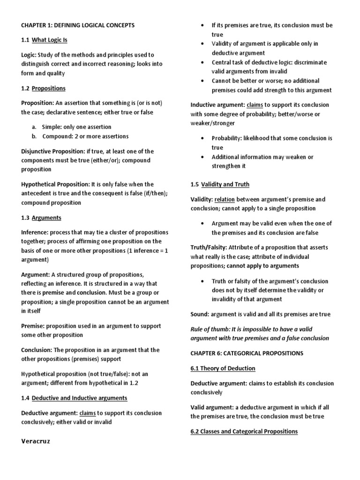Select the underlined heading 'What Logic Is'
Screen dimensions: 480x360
(x=50, y=40)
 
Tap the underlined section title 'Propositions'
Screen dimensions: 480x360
(x=49, y=88)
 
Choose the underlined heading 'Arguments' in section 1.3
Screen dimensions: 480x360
(x=46, y=217)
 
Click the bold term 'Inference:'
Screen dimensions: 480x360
(x=35, y=232)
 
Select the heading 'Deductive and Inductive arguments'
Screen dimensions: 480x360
(x=80, y=398)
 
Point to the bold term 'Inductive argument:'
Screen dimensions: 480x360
(x=217, y=105)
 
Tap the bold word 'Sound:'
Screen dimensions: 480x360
(x=200, y=314)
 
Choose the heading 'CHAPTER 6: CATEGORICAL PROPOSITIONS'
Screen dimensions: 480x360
(x=247, y=352)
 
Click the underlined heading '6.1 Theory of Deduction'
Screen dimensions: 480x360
(x=223, y=368)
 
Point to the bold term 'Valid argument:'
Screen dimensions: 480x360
(x=212, y=407)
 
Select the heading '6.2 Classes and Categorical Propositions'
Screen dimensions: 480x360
(x=244, y=431)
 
